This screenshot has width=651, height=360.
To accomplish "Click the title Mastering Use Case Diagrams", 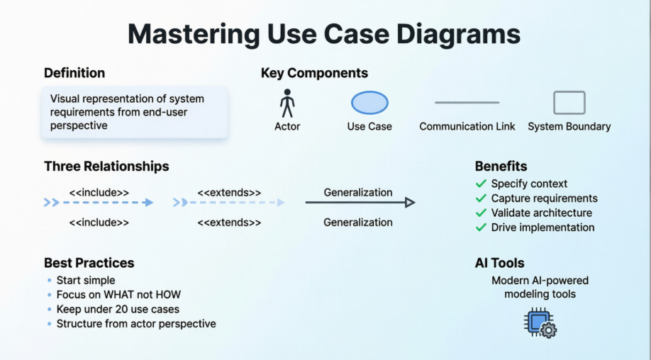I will (324, 33).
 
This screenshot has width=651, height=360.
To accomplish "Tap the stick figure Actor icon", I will (287, 103).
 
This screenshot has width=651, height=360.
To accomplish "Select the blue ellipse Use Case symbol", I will (369, 103).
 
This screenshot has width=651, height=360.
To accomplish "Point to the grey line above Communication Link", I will (467, 103).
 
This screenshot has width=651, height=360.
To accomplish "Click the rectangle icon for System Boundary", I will (569, 103).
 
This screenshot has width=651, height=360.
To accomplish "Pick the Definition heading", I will (74, 73).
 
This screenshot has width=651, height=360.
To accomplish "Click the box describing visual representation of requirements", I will (135, 112).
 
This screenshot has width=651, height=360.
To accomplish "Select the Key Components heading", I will (314, 73).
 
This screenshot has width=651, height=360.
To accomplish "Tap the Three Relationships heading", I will (106, 167).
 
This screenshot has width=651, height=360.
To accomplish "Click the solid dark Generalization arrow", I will (360, 203).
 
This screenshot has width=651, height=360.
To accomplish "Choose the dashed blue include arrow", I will (99, 203).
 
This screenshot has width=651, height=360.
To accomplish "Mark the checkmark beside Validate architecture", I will (481, 213).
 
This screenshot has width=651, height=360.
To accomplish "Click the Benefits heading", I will (501, 167).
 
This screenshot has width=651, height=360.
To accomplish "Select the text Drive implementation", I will (542, 227).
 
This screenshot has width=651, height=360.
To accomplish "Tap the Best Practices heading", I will (89, 263).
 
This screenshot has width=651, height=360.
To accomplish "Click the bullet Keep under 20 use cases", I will (118, 309).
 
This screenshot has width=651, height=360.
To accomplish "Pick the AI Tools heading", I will (499, 263).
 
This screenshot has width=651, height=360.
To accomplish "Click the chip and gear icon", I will (540, 322).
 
